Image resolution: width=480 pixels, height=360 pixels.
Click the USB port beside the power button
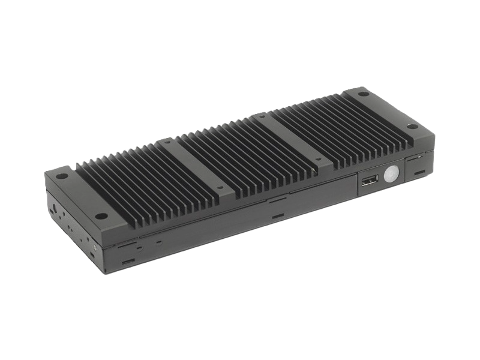pyautogui.click(x=368, y=181)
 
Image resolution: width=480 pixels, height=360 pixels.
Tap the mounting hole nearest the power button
pyautogui.click(x=411, y=126)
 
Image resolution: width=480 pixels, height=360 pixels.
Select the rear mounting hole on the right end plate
pyautogui.click(x=364, y=94)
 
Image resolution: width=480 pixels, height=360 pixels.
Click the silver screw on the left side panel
pyautogui.click(x=94, y=245)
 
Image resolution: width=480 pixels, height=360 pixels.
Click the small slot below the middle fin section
pyautogui.click(x=277, y=214)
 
